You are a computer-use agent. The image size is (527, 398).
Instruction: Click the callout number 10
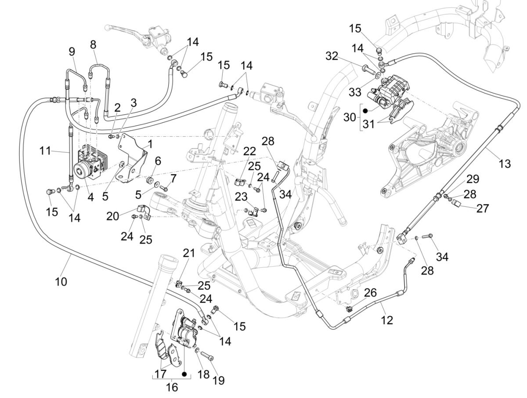tap(61, 281)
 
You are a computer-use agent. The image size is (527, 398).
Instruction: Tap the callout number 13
tap(505, 164)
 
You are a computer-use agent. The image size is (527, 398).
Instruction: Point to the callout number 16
tap(173, 387)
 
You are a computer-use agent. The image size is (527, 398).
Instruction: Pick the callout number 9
tap(72, 52)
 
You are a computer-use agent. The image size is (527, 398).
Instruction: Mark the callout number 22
tap(249, 152)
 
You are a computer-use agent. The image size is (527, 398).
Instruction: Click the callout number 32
tap(332, 56)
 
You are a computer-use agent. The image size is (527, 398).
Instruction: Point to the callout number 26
tap(370, 292)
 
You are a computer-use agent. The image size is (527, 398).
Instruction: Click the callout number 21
tap(188, 253)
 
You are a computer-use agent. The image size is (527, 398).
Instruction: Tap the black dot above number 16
tap(184, 374)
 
